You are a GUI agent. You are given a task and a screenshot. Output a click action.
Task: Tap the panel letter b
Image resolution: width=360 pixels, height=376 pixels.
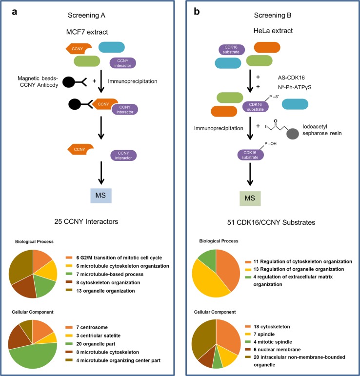coord(197,10)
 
